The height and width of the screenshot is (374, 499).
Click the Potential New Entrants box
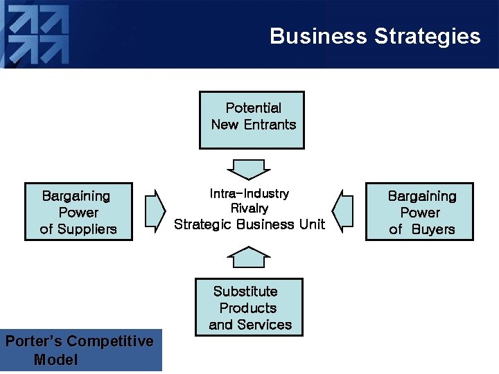[252, 120]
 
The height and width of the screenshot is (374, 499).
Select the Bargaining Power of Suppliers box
[78, 211]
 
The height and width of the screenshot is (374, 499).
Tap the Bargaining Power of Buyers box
[419, 211]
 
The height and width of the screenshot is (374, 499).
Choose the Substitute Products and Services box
[249, 307]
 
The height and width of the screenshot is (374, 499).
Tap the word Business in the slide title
[318, 36]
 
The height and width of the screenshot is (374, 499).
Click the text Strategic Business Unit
[249, 224]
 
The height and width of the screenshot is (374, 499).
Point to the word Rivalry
[249, 208]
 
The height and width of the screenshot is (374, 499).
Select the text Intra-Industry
[249, 193]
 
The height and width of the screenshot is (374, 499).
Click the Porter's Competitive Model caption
[80, 350]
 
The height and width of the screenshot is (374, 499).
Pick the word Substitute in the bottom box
[245, 292]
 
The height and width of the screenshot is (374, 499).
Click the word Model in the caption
[55, 359]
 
